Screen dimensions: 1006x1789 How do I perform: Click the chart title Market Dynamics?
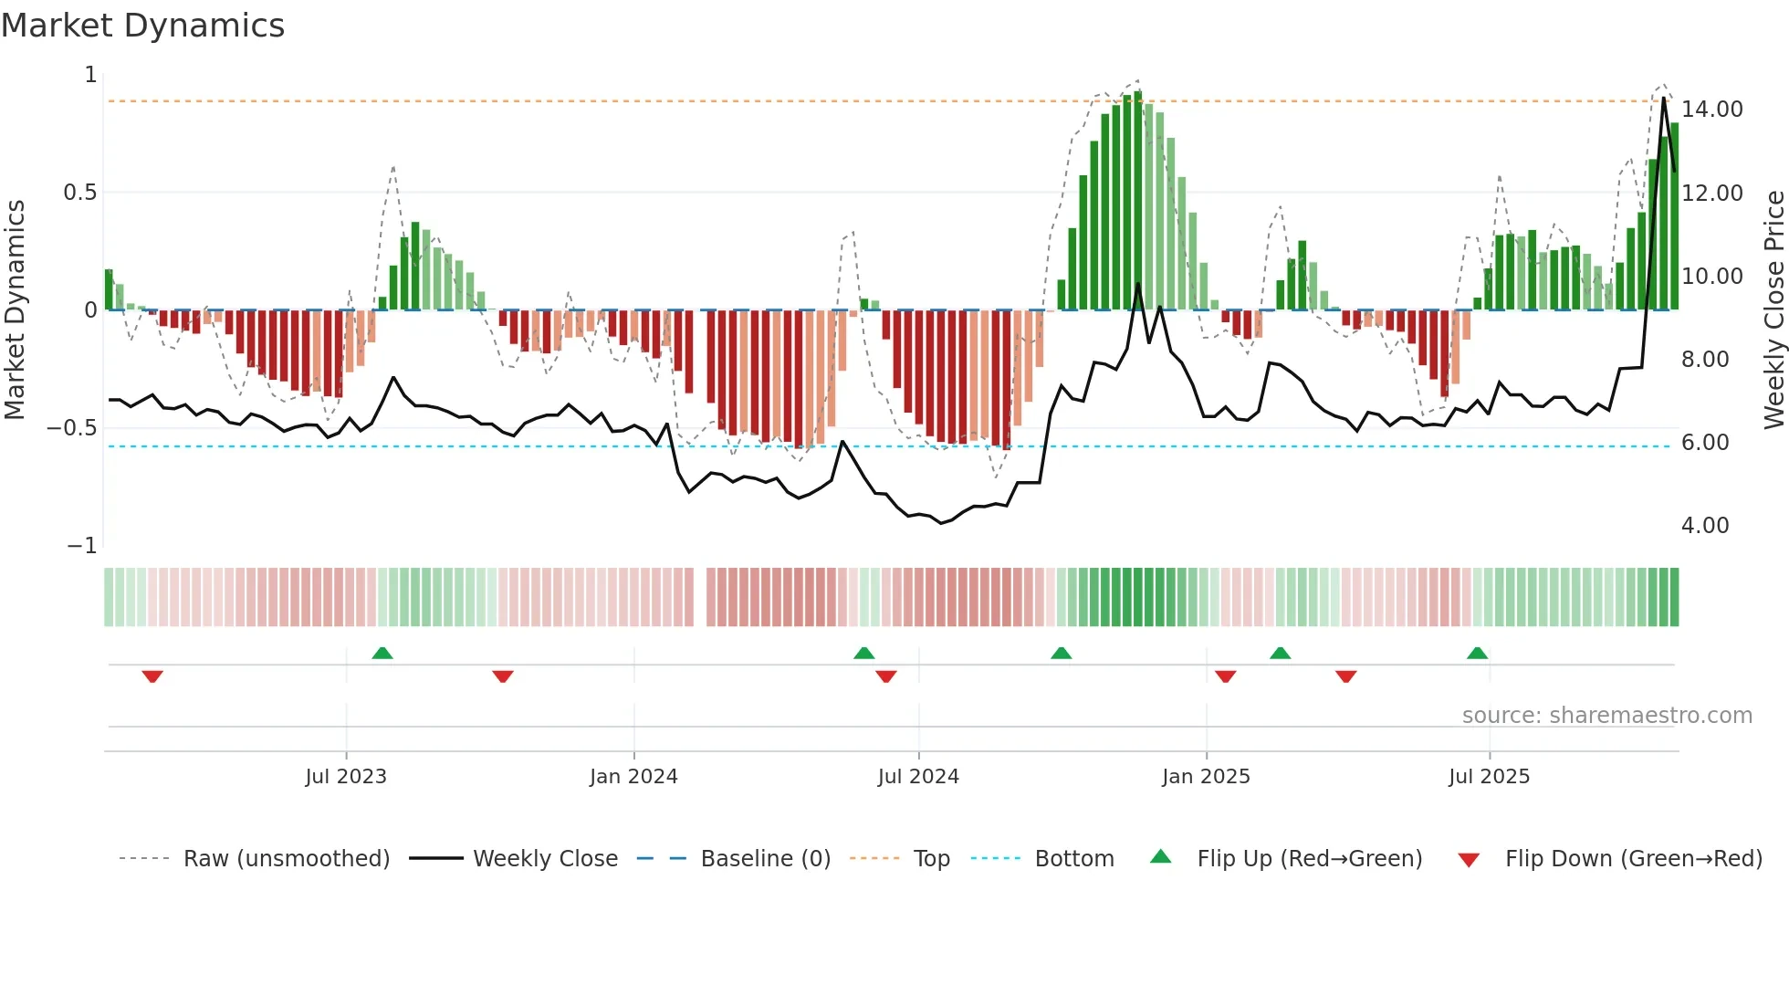click(142, 26)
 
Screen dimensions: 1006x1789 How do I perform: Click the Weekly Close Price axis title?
click(1773, 309)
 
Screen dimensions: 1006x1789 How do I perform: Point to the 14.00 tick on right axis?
click(1711, 110)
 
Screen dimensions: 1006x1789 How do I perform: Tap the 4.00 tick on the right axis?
click(1704, 526)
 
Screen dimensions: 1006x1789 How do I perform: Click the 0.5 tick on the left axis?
click(79, 193)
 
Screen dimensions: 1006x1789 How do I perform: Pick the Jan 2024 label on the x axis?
click(633, 777)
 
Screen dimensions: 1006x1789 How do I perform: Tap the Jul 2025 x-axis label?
click(1489, 777)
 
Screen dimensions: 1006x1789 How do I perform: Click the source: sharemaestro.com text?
click(1606, 716)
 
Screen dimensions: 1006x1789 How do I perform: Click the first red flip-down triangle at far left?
click(152, 676)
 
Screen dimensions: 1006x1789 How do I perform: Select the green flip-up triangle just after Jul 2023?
click(382, 653)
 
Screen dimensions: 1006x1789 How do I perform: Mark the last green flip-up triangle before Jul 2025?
click(1477, 653)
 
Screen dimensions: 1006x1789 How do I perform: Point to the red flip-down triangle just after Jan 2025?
click(1225, 676)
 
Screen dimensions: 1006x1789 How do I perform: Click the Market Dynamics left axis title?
click(15, 309)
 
